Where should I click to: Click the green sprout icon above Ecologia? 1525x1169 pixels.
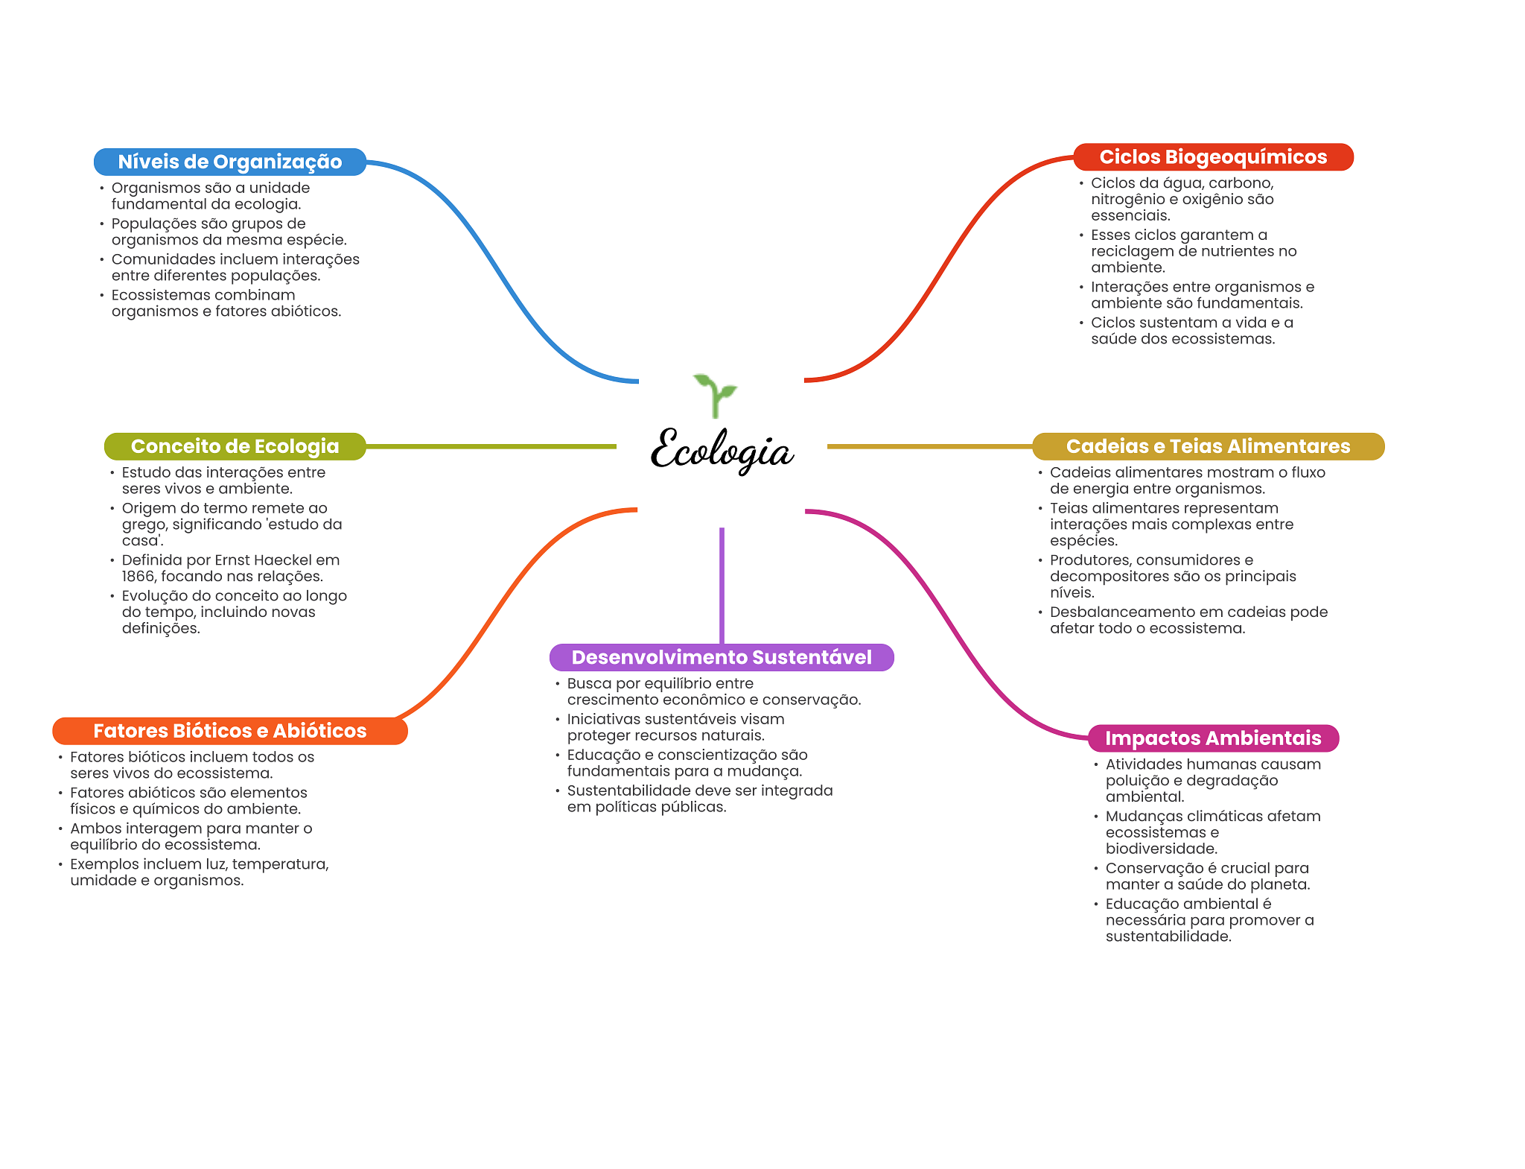click(x=715, y=395)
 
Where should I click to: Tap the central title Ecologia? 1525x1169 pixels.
click(x=722, y=450)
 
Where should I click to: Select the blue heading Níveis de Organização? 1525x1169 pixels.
click(x=229, y=162)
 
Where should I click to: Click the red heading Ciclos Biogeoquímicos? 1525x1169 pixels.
click(x=1213, y=156)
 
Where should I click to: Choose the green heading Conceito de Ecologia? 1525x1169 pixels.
click(x=235, y=446)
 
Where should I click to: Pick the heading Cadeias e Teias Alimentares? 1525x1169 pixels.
click(x=1208, y=446)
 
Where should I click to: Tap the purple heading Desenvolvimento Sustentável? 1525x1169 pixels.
click(x=722, y=657)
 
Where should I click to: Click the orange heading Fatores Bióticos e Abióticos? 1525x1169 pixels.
click(x=229, y=731)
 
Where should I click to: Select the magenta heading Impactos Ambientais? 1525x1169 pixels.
click(x=1213, y=738)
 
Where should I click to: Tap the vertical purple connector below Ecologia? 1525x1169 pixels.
click(x=722, y=585)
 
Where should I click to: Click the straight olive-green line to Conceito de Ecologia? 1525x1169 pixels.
click(x=491, y=446)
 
